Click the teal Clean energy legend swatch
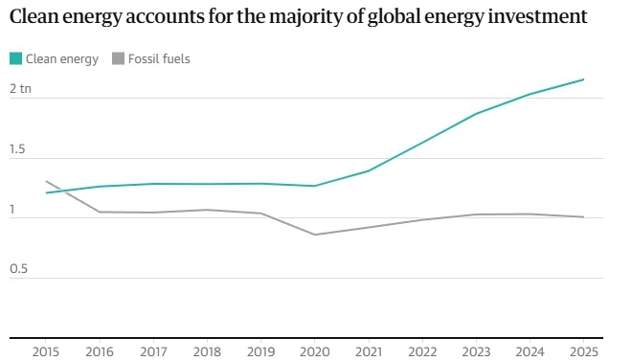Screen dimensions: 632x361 (15, 58)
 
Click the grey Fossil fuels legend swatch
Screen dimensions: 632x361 (118, 58)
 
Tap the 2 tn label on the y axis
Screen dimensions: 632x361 (20, 89)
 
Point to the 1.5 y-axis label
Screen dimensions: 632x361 (17, 149)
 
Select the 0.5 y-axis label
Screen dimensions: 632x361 (18, 269)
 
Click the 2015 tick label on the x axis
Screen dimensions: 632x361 (46, 351)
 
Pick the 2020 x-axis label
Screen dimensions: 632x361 (315, 351)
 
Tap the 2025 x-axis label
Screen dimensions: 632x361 (584, 351)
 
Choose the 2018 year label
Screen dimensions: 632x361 (207, 351)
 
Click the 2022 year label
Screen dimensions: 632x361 (422, 351)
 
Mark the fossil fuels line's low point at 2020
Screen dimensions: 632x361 (315, 235)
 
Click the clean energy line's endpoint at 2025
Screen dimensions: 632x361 (583, 79)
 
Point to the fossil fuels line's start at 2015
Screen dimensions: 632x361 (46, 181)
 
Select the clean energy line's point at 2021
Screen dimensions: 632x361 (369, 170)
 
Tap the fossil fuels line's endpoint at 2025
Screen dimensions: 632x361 (583, 216)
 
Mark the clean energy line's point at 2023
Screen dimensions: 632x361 (476, 114)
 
